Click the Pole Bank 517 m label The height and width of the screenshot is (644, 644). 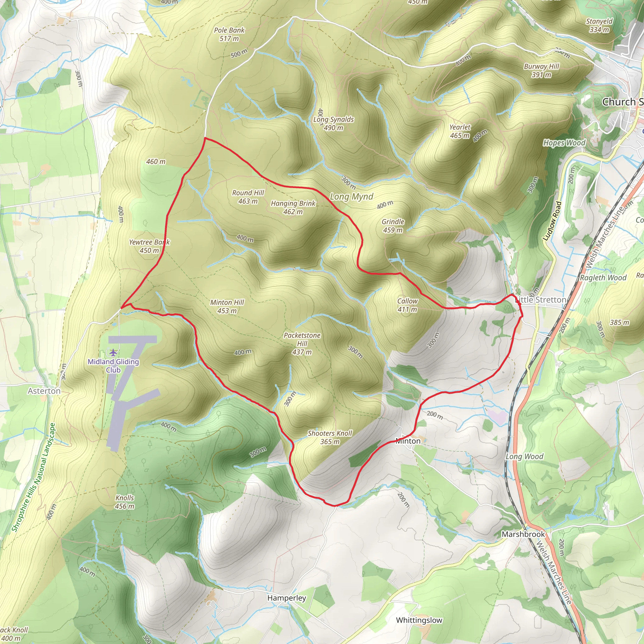(229, 34)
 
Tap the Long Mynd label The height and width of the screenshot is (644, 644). (351, 197)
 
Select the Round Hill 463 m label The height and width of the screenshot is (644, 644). (248, 197)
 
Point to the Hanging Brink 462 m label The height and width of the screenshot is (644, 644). (293, 207)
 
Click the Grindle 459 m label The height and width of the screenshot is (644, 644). (393, 226)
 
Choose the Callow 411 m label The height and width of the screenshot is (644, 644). (407, 305)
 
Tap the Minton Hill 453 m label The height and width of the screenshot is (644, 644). (227, 306)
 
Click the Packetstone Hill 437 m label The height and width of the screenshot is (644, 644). (302, 343)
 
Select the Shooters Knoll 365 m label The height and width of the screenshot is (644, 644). (330, 437)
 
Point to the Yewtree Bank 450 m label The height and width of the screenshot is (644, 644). (149, 246)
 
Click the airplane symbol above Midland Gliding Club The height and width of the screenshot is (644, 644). (114, 352)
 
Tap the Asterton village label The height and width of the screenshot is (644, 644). (44, 391)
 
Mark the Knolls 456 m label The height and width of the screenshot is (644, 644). (125, 502)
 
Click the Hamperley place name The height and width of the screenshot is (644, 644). (286, 598)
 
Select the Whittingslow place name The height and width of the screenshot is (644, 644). (419, 620)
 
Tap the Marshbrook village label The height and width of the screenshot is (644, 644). (523, 534)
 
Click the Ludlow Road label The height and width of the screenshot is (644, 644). (552, 221)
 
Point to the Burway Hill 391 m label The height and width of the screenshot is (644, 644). (541, 70)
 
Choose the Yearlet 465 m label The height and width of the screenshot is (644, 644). (460, 131)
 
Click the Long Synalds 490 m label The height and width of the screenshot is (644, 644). (333, 123)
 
